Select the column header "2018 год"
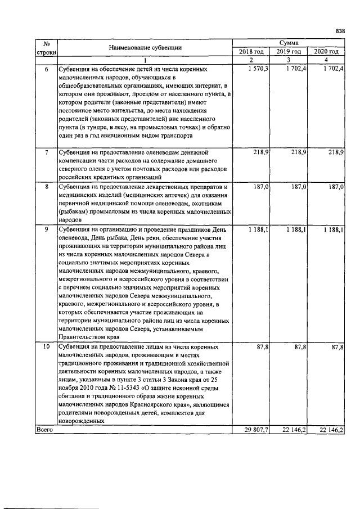(x=251, y=52)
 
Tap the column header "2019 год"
(x=289, y=52)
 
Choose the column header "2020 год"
(x=326, y=52)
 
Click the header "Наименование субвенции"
(x=145, y=48)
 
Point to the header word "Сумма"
(x=289, y=43)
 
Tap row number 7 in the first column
(x=46, y=152)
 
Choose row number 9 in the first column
(x=46, y=229)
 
